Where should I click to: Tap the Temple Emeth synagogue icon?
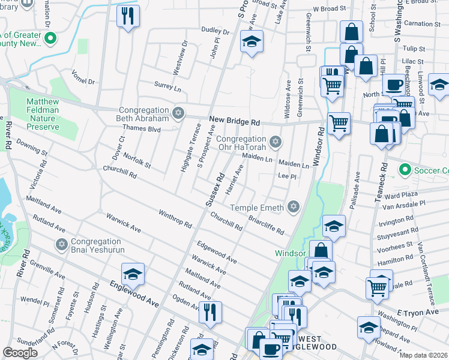[x=293, y=206]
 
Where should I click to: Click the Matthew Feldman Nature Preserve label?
[x=43, y=114]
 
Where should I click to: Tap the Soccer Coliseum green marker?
[x=404, y=170]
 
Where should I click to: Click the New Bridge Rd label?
[x=234, y=121]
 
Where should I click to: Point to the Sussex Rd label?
[x=214, y=190]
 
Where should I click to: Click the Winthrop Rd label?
[x=175, y=220]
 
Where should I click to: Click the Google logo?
[x=20, y=353]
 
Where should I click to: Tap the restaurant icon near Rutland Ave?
[x=209, y=311]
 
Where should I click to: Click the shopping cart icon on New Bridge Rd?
[x=339, y=123]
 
